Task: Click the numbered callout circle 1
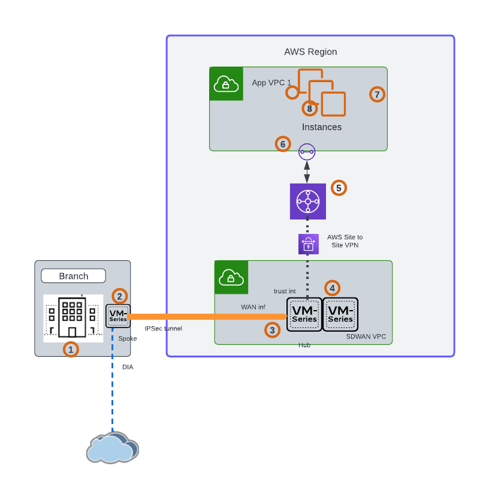point(71,348)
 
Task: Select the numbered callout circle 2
point(120,296)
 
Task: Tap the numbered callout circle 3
point(273,329)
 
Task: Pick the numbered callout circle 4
point(332,288)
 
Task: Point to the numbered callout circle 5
point(339,188)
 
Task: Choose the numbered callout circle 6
point(283,144)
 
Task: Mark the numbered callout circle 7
point(376,94)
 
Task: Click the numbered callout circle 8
point(309,109)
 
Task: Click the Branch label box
point(73,276)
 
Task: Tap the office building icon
point(72,318)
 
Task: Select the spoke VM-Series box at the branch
point(118,316)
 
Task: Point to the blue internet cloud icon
point(112,447)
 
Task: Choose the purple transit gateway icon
point(307,202)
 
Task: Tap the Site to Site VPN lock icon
point(307,244)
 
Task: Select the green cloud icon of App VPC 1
point(226,84)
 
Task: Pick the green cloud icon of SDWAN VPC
point(231,276)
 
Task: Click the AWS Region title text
point(310,52)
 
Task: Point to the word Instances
point(322,127)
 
